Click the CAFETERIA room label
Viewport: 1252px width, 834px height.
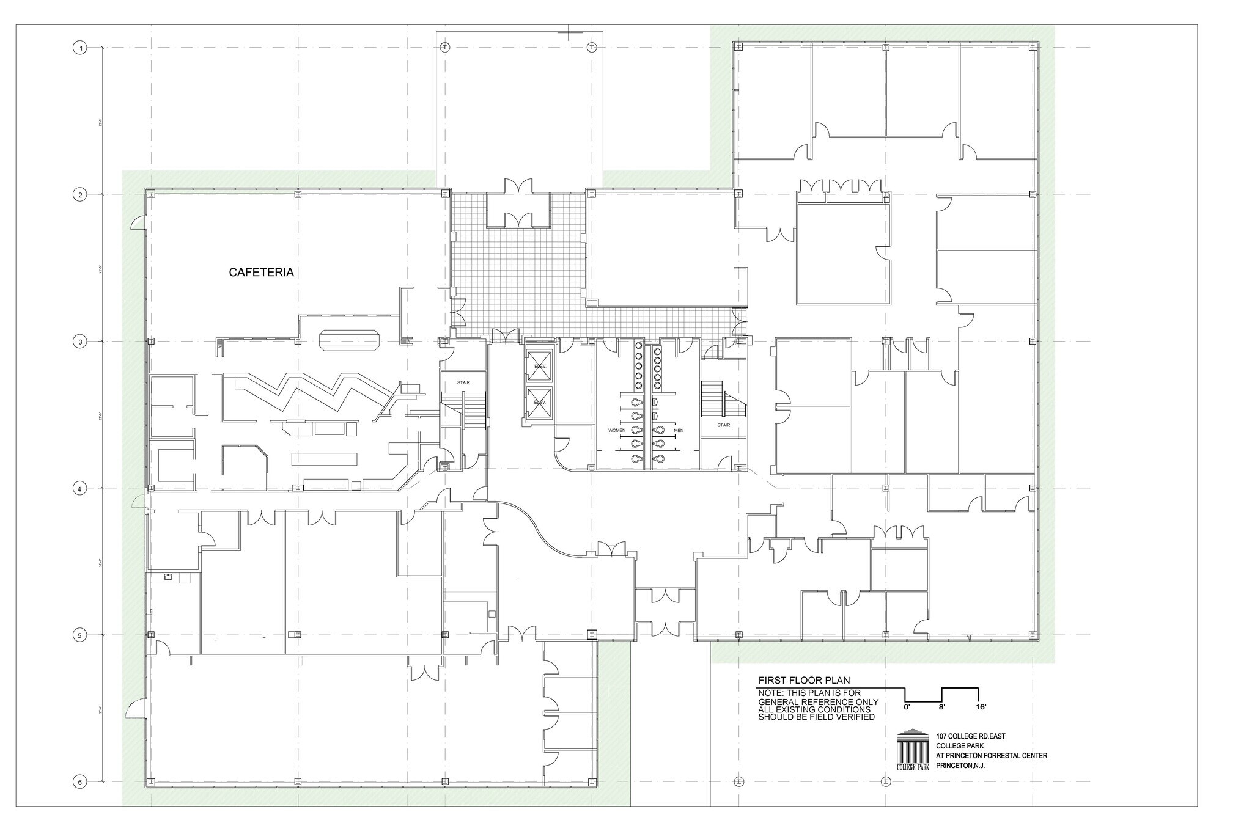[x=261, y=273]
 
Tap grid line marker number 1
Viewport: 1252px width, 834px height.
[x=79, y=48]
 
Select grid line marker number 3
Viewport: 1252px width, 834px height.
[x=79, y=342]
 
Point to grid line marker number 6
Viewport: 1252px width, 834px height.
[x=79, y=782]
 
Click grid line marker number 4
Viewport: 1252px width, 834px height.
[x=79, y=489]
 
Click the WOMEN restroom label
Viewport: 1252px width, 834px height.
[x=617, y=431]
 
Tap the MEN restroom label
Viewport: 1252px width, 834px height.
[x=679, y=431]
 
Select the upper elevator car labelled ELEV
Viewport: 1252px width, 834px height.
[x=539, y=367]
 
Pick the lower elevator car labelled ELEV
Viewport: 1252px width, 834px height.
[x=539, y=403]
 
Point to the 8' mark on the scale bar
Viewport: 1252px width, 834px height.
[x=942, y=707]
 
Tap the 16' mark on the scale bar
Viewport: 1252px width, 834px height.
[x=981, y=707]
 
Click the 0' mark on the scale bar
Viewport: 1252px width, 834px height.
[x=907, y=707]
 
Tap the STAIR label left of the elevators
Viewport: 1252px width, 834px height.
[x=463, y=383]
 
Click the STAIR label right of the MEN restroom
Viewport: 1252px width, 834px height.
[x=724, y=425]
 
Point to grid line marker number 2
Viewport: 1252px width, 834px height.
[x=79, y=195]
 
